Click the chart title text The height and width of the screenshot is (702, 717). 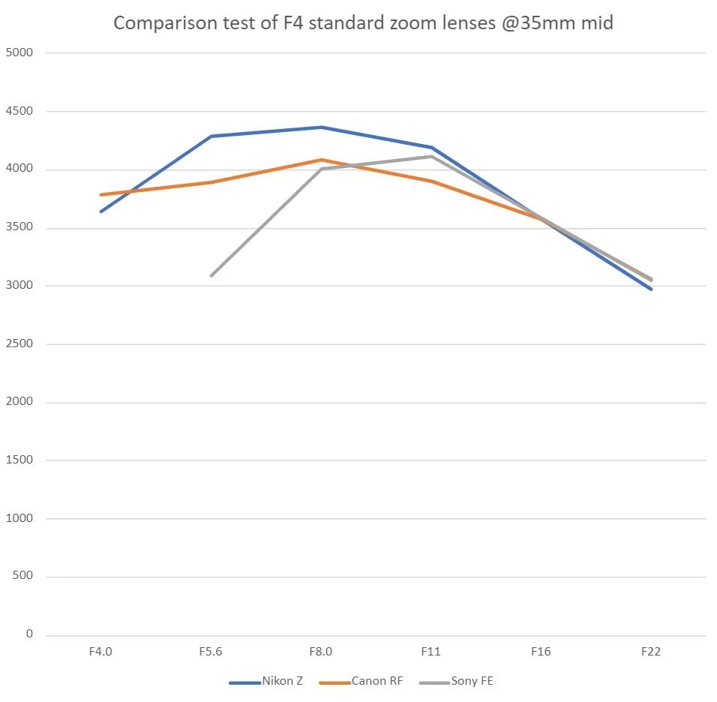coord(363,23)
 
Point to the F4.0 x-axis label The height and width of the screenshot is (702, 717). coord(100,651)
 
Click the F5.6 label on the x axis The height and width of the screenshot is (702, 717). coord(211,651)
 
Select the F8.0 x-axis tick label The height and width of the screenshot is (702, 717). coord(321,651)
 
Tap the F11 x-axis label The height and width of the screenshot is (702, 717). coord(430,651)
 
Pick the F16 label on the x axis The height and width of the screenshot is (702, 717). coord(541,651)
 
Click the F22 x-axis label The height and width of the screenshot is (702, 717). coord(651,651)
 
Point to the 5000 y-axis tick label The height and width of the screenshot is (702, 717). coord(18,53)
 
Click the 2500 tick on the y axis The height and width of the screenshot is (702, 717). coord(18,344)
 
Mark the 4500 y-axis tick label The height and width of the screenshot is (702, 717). coord(18,112)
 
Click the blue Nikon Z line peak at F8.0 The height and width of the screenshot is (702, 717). coord(321,127)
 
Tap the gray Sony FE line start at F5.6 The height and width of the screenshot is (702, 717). coord(211,275)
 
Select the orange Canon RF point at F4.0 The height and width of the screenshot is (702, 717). coord(101,195)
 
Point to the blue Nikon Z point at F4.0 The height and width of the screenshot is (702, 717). coord(101,211)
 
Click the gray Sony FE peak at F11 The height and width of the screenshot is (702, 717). coord(431,157)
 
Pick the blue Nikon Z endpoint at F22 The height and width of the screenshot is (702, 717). coord(651,289)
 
